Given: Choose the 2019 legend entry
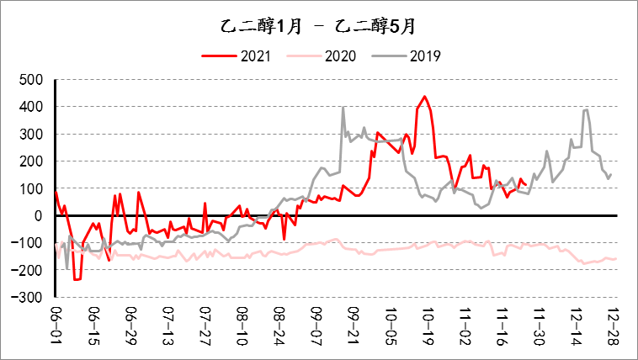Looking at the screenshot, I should pyautogui.click(x=407, y=56).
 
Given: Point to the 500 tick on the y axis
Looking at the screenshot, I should pyautogui.click(x=30, y=80).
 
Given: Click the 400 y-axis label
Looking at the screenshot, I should pyautogui.click(x=30, y=107).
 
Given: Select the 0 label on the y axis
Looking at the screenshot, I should pyautogui.click(x=38, y=216).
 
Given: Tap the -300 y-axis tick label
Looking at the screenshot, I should pyautogui.click(x=28, y=298).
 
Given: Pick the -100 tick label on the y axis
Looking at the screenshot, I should pyautogui.click(x=28, y=243).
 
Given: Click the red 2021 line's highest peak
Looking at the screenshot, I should pyautogui.click(x=424, y=96).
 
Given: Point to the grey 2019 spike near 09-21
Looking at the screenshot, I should pyautogui.click(x=343, y=108).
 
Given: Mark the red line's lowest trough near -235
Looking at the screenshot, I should pyautogui.click(x=77, y=279).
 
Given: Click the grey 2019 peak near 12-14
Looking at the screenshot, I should pyautogui.click(x=586, y=109).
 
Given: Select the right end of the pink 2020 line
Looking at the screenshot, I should pyautogui.click(x=615, y=258).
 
